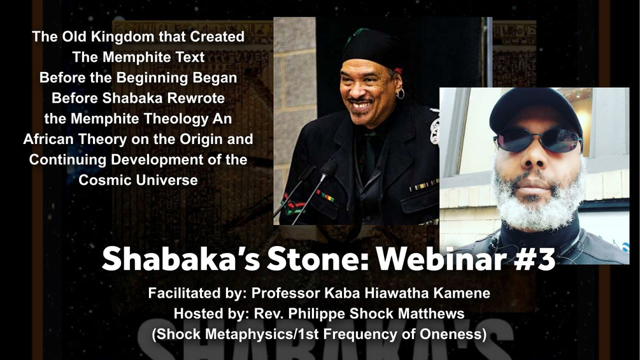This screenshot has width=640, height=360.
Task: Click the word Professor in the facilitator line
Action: point(283,295)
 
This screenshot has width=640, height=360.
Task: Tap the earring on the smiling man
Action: point(401,95)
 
